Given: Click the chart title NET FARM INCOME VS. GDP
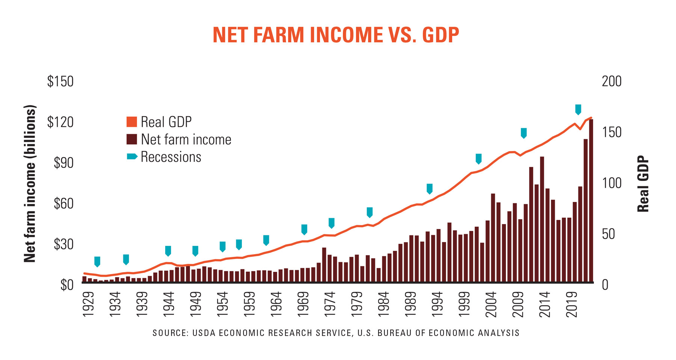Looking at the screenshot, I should pyautogui.click(x=336, y=35).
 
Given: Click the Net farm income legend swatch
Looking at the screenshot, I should pyautogui.click(x=132, y=140).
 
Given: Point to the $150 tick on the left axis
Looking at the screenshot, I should pyautogui.click(x=60, y=81).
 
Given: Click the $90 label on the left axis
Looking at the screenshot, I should pyautogui.click(x=63, y=163).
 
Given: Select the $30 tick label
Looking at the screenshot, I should pyautogui.click(x=63, y=244).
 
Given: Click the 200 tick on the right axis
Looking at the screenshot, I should pyautogui.click(x=611, y=81).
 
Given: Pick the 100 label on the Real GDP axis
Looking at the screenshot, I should pyautogui.click(x=611, y=183).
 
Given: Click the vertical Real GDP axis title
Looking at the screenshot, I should pyautogui.click(x=643, y=184).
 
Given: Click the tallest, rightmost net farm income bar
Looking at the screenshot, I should pyautogui.click(x=591, y=201).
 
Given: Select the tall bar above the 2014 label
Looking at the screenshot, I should pyautogui.click(x=542, y=220).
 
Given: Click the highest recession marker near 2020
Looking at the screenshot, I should pyautogui.click(x=578, y=109).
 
